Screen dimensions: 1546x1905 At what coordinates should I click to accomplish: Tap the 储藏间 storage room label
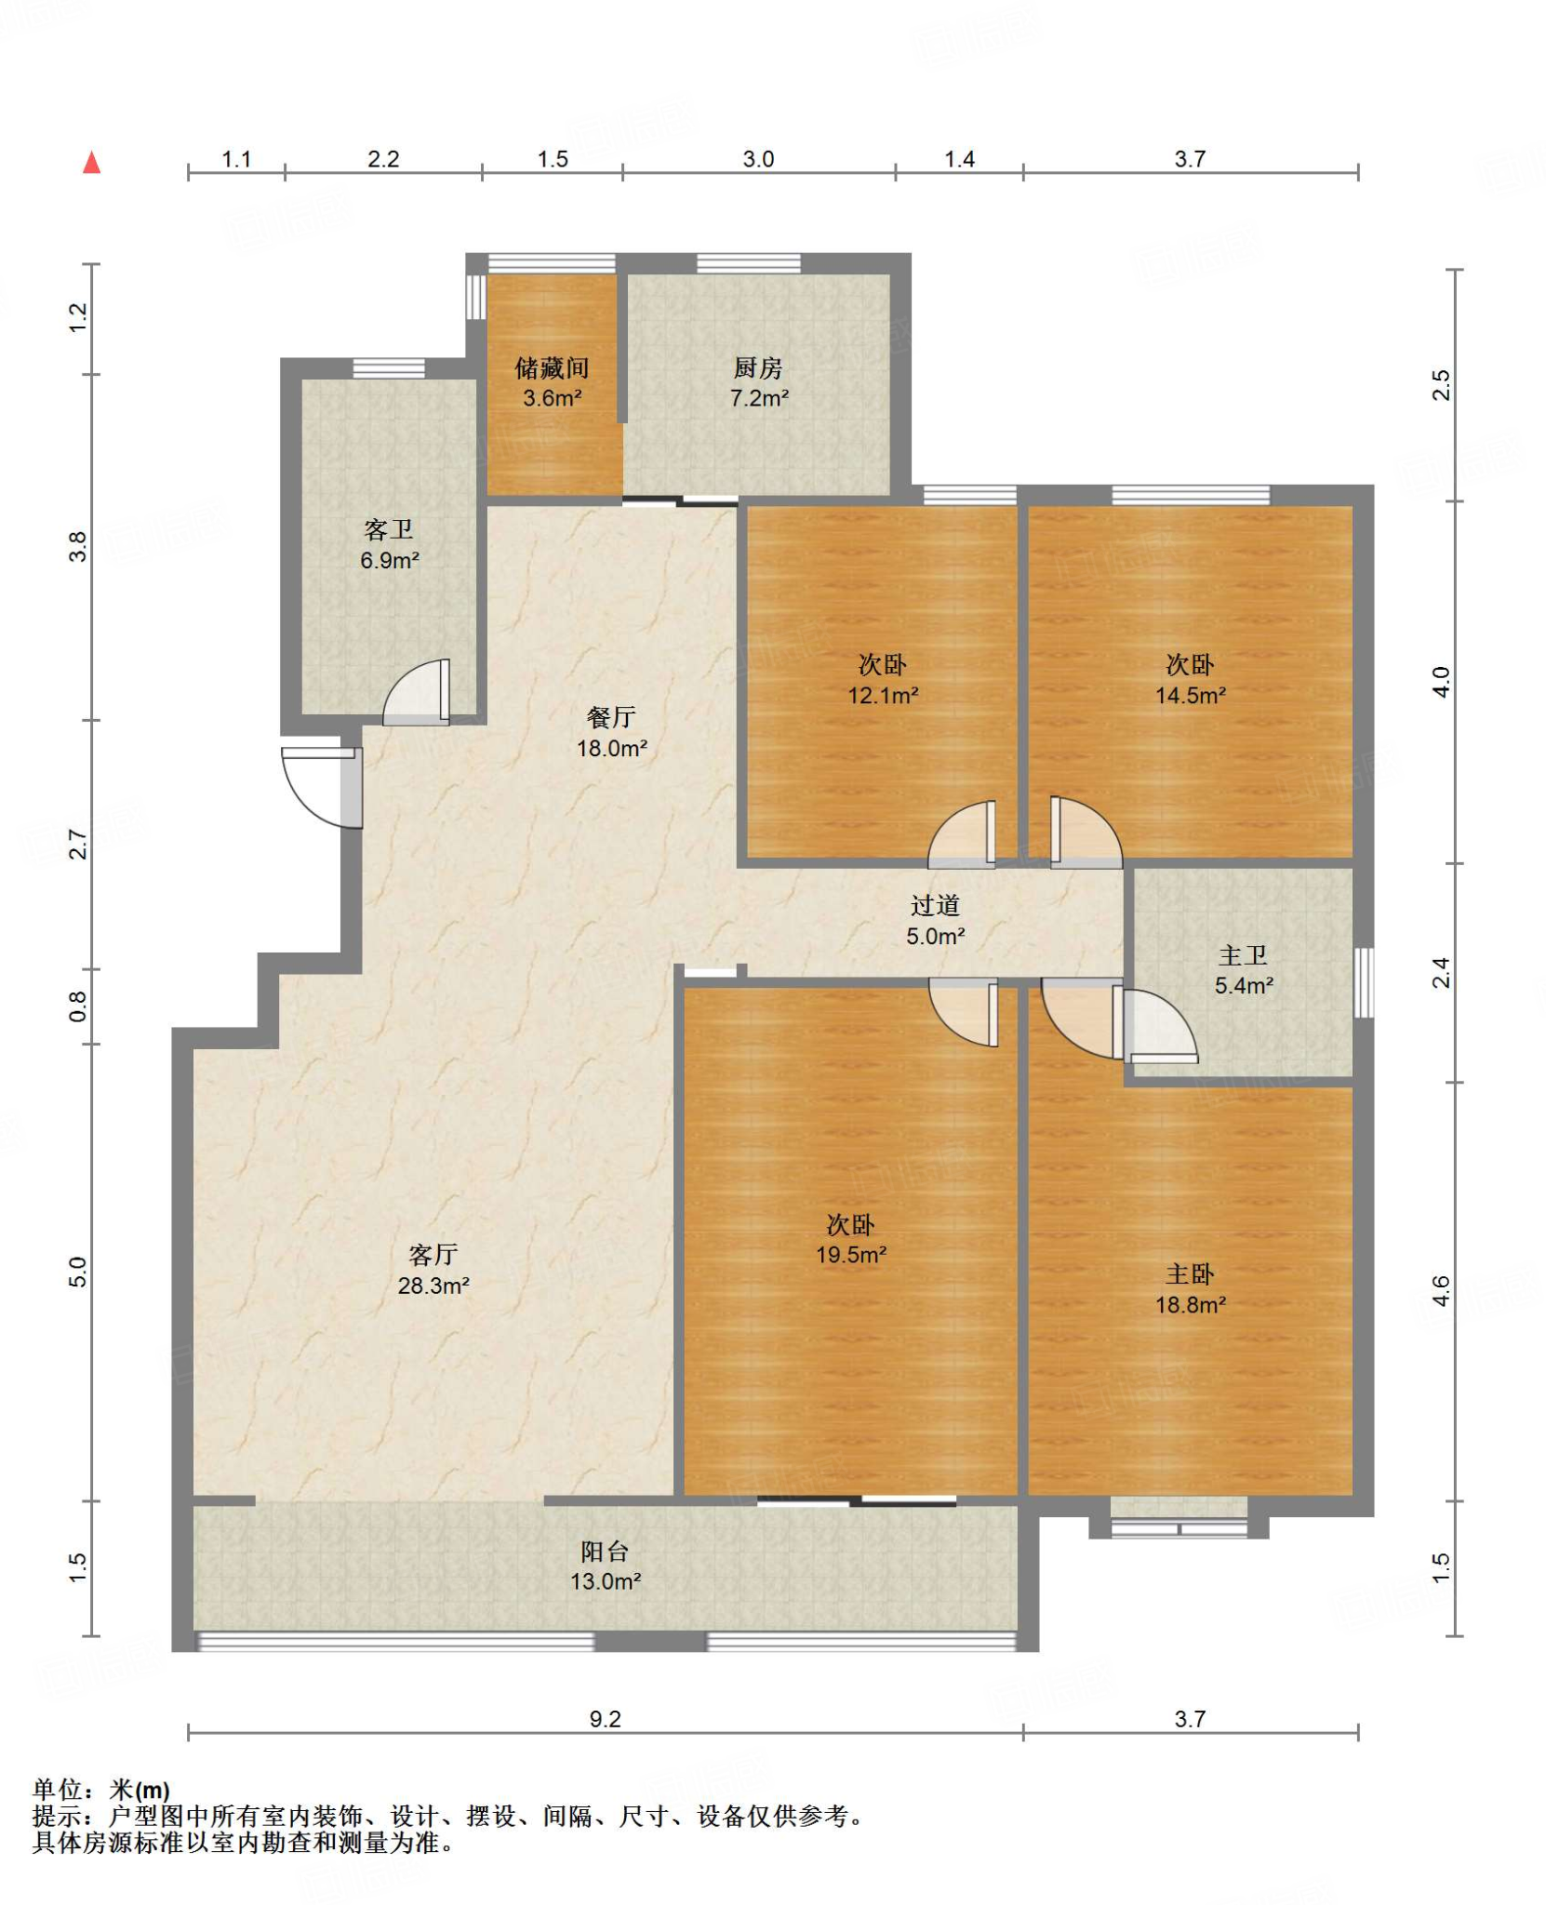click(552, 382)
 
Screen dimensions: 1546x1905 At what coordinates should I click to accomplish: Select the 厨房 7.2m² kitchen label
click(759, 382)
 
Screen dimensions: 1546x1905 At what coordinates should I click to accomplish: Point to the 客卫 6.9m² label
click(389, 544)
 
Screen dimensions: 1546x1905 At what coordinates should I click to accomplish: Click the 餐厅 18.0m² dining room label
click(611, 732)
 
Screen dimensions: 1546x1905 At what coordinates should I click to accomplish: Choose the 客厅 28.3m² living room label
click(433, 1270)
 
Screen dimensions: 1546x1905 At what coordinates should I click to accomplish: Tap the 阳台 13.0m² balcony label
click(606, 1565)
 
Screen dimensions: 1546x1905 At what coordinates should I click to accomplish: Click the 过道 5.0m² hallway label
click(935, 920)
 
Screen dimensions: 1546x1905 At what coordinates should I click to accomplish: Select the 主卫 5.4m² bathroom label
click(1244, 969)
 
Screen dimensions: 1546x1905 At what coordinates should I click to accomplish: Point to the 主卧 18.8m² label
click(1191, 1288)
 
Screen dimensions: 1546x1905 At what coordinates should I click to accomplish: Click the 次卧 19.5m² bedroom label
click(851, 1238)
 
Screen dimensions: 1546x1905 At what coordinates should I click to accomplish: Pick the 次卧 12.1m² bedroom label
click(883, 679)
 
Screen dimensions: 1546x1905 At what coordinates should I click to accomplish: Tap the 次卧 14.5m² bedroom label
click(1191, 679)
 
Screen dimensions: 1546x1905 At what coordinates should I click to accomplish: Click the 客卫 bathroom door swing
click(416, 692)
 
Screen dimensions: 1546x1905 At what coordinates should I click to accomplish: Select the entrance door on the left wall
click(322, 787)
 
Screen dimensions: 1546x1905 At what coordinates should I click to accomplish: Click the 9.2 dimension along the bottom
click(605, 1719)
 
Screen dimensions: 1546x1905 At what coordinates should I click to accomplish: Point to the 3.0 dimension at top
click(758, 159)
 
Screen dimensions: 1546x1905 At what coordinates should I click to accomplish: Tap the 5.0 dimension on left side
click(78, 1271)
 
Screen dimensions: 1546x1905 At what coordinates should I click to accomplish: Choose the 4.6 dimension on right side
click(1440, 1289)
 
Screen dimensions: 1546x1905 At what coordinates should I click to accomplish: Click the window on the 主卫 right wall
click(1364, 982)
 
